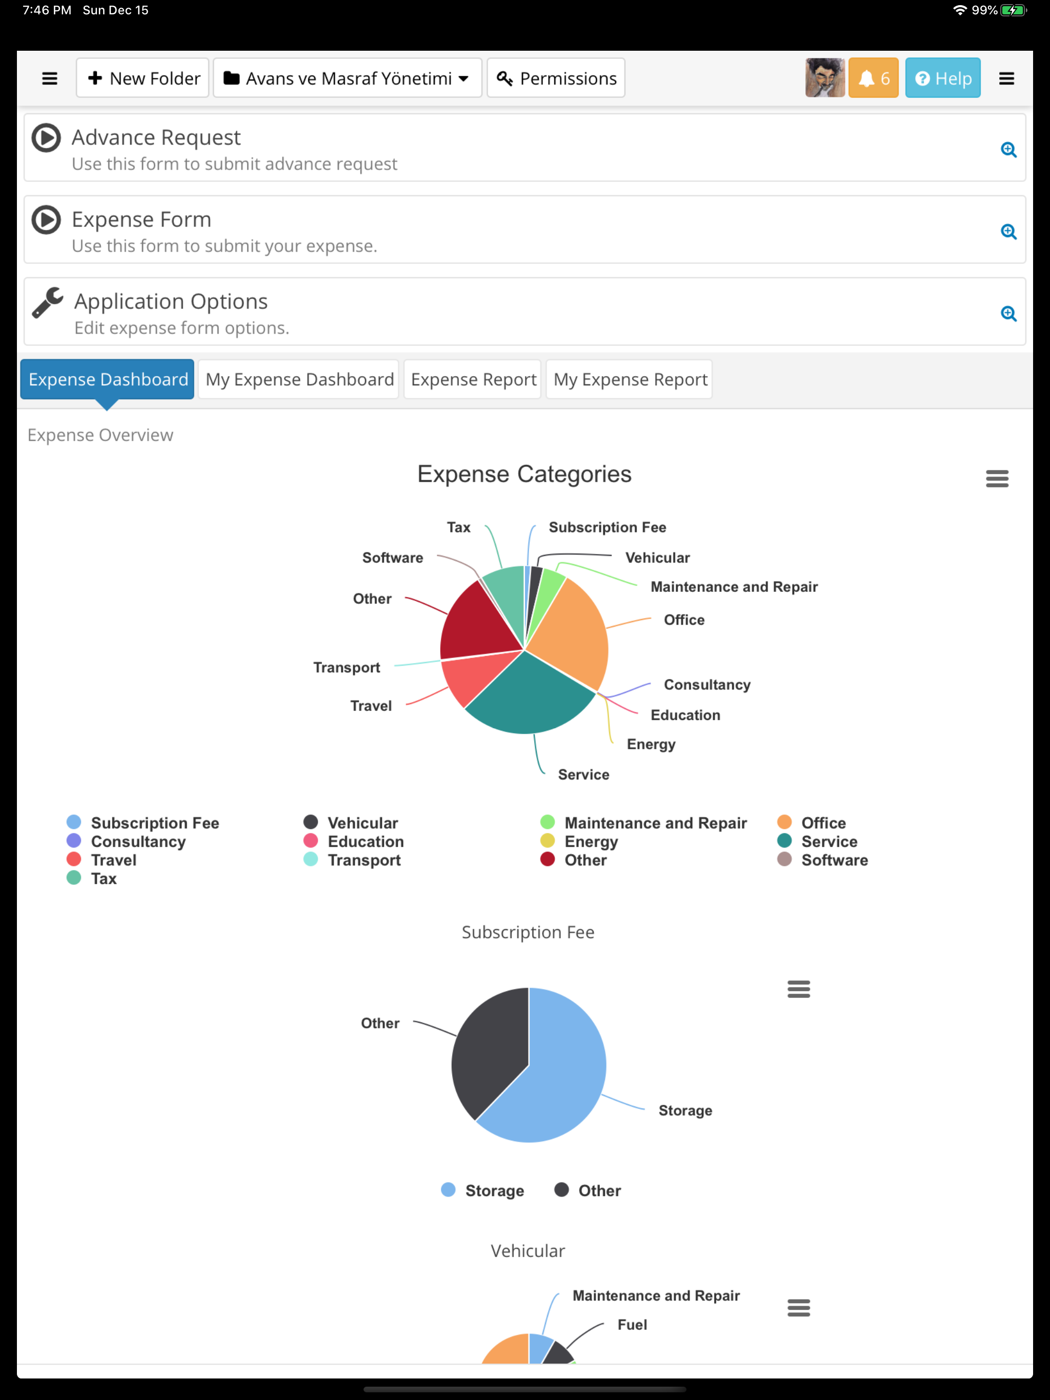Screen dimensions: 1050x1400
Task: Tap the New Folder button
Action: pyautogui.click(x=143, y=78)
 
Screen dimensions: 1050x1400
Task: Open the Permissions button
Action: pyautogui.click(x=556, y=78)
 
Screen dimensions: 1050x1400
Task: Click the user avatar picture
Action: pyautogui.click(x=824, y=78)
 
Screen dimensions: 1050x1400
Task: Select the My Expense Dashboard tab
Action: pyautogui.click(x=299, y=379)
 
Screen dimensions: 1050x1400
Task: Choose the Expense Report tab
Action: pyautogui.click(x=473, y=379)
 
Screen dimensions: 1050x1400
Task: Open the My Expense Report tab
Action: pyautogui.click(x=630, y=379)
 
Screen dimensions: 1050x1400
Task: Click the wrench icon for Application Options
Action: pyautogui.click(x=48, y=302)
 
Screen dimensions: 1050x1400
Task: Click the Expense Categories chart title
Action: pyautogui.click(x=524, y=474)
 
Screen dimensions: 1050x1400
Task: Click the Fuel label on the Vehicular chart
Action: pyautogui.click(x=632, y=1325)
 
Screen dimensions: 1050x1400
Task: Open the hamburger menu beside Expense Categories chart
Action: pyautogui.click(x=997, y=479)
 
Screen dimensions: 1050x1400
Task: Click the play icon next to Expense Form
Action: pyautogui.click(x=46, y=220)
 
